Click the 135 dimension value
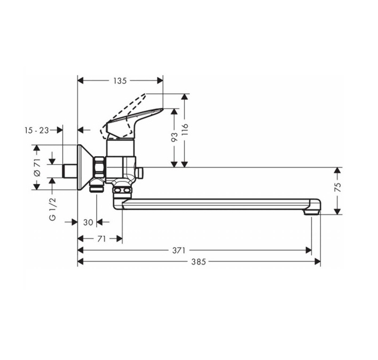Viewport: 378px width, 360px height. tap(120, 81)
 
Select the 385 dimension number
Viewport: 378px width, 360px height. tap(199, 261)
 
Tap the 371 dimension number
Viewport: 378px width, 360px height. tap(179, 251)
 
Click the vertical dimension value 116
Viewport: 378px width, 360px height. tap(184, 129)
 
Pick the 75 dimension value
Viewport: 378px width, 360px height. tap(338, 187)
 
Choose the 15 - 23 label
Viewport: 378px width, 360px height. tap(37, 130)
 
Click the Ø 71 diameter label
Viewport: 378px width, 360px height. tap(37, 167)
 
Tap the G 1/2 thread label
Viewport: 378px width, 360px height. tap(52, 209)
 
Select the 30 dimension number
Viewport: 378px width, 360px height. tap(88, 222)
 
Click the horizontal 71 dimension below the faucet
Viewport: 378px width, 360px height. tap(101, 239)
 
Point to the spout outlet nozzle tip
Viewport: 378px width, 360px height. tap(311, 212)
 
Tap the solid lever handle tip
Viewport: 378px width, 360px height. tap(162, 110)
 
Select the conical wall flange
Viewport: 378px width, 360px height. tap(85, 167)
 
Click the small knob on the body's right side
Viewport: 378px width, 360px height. tap(139, 173)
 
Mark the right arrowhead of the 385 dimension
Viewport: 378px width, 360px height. tap(317, 261)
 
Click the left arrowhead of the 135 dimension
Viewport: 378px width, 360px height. tap(81, 81)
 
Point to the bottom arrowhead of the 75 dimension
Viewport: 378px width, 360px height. tap(338, 211)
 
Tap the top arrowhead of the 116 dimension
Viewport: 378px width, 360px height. tap(184, 97)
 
